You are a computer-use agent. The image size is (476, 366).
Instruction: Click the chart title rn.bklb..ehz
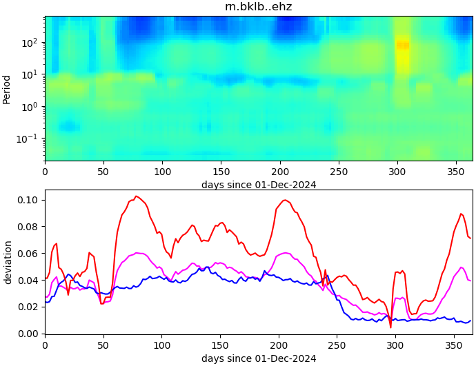tap(259, 7)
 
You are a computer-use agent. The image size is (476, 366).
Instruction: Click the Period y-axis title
tap(7, 89)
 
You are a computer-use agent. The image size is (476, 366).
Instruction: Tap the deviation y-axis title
tap(8, 262)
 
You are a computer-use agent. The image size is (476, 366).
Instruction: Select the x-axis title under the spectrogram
tap(259, 185)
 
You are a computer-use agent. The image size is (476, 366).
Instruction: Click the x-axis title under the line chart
tap(259, 358)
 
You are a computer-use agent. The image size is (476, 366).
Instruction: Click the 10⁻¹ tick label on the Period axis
tap(30, 139)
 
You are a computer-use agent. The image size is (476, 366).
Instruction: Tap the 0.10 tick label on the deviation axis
tap(30, 200)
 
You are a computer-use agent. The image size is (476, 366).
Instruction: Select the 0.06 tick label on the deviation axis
tap(30, 254)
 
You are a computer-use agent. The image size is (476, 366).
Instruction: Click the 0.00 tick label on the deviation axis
tap(30, 334)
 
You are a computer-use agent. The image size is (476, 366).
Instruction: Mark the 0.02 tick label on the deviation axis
tap(30, 307)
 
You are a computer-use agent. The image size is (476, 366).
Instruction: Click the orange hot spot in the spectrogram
tap(402, 45)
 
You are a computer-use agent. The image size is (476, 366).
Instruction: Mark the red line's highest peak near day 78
tap(136, 196)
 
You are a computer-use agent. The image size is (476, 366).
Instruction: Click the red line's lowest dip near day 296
tap(390, 327)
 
